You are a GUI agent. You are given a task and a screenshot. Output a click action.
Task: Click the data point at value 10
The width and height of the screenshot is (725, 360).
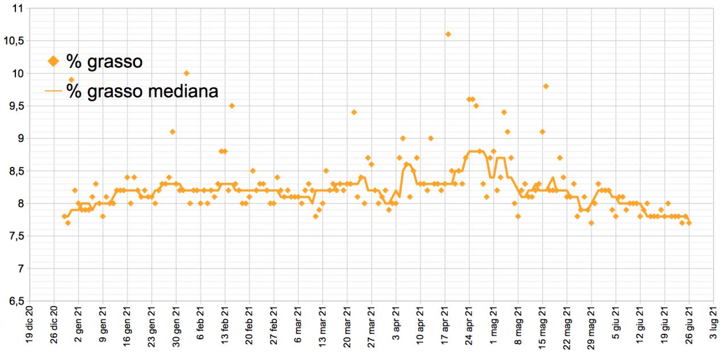(x=186, y=73)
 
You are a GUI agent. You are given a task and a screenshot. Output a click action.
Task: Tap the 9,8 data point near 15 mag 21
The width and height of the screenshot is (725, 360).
(x=546, y=86)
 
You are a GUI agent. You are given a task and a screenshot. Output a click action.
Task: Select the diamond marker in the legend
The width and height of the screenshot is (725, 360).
(x=53, y=61)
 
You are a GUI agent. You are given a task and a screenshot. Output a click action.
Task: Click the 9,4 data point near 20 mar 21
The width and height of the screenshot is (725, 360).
(x=354, y=112)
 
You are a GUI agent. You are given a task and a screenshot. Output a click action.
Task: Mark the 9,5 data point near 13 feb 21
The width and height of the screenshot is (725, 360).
(x=232, y=105)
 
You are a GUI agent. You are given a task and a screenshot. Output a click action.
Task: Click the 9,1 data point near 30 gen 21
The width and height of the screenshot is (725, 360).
(x=172, y=132)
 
